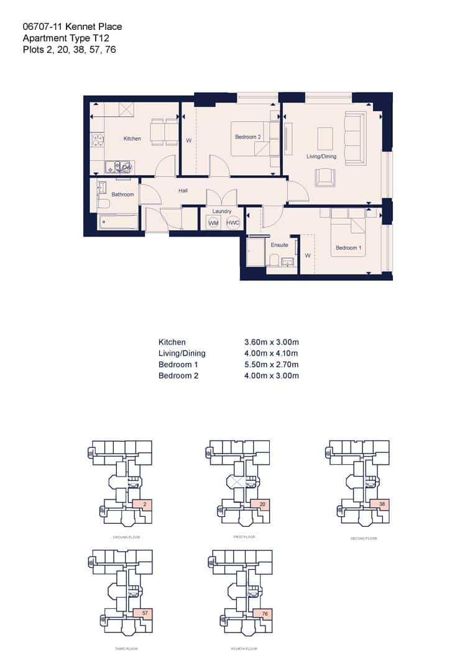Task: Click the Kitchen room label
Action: (132, 139)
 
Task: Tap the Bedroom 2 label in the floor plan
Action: (247, 137)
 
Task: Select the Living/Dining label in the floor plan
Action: (321, 157)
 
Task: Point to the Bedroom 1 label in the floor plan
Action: (348, 248)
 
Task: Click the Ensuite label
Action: (279, 245)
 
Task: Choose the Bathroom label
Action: (122, 194)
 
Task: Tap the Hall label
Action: (183, 191)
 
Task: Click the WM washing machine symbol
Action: (213, 222)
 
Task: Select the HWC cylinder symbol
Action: (233, 222)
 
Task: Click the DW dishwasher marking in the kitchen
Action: (126, 167)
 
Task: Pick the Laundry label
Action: (222, 211)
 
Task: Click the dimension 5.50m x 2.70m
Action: (272, 365)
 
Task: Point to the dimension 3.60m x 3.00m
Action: (272, 342)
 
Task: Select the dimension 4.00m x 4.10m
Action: (272, 354)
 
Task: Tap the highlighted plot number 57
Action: (144, 613)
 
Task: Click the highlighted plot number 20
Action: (263, 504)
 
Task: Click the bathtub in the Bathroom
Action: (118, 222)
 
